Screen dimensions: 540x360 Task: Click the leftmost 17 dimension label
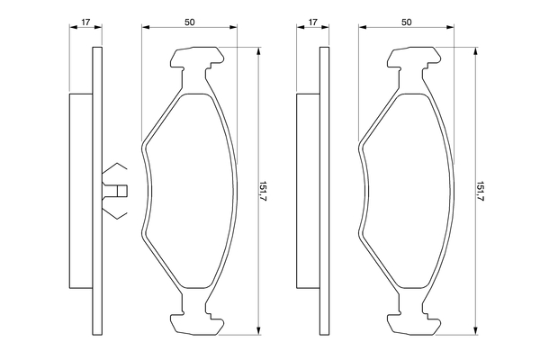pos(85,22)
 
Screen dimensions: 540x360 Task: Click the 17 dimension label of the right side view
pos(312,22)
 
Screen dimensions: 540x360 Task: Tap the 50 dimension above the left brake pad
pos(189,22)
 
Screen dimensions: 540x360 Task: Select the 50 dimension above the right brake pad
pos(407,22)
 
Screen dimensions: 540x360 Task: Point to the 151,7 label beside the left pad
pos(264,191)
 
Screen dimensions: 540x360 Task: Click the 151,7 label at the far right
pos(481,191)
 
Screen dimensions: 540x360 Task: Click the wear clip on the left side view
pos(114,191)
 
